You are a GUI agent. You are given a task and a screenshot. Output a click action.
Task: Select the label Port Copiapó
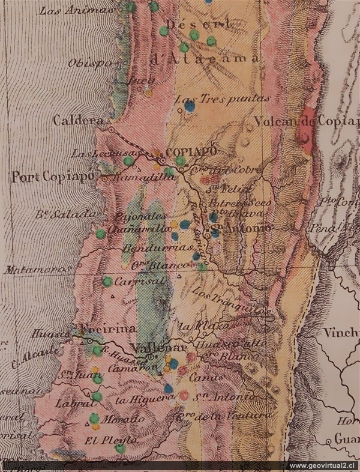(x=53, y=177)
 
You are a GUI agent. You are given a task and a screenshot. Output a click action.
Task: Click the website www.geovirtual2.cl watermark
(x=321, y=466)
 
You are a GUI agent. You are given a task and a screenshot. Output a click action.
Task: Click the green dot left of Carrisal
(x=107, y=281)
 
